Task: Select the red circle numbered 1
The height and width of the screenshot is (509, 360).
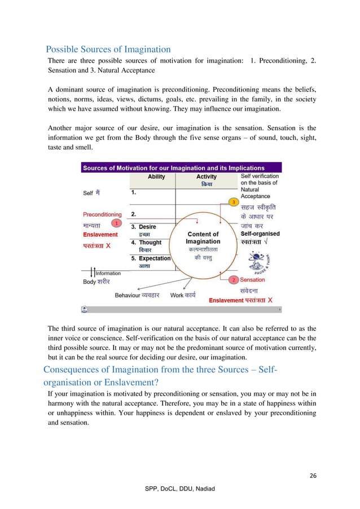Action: pos(116,223)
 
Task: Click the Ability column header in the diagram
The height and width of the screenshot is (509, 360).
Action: pos(156,177)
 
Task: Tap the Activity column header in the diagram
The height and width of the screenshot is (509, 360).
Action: pos(206,177)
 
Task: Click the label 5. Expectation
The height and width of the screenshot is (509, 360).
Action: pos(151,258)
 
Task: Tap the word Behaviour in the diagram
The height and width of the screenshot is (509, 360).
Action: pos(127,295)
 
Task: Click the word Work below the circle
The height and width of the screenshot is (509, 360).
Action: pos(177,295)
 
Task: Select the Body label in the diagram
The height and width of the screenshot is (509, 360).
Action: pos(89,281)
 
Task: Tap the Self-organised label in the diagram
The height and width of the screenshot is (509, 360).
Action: pos(260,234)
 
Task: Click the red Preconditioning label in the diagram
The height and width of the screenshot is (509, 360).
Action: pos(102,214)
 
